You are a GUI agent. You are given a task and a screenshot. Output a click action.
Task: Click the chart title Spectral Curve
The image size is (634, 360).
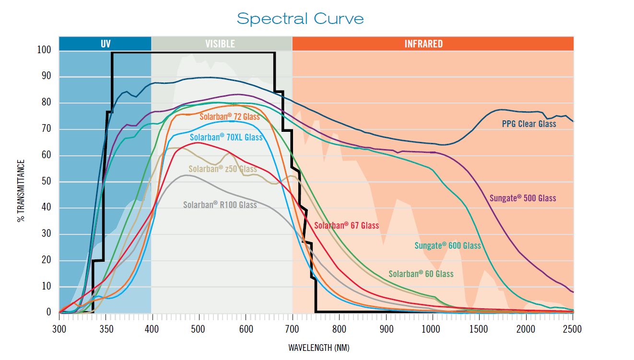point(300,19)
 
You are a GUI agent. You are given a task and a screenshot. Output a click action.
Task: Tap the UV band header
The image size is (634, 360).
point(106,44)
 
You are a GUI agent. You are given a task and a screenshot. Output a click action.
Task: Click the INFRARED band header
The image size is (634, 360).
point(423,44)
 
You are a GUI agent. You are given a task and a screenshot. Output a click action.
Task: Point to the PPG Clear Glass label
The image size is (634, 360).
point(529,124)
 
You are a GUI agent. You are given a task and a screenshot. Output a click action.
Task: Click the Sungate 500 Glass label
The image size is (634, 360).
point(523,198)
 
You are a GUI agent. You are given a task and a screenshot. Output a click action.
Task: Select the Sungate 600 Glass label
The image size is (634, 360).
point(447,245)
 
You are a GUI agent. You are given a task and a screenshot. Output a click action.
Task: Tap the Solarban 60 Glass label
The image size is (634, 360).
point(421,274)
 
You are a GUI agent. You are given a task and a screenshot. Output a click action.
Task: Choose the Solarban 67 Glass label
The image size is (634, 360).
point(346,225)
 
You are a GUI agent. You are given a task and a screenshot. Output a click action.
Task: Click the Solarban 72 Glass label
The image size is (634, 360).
point(229,116)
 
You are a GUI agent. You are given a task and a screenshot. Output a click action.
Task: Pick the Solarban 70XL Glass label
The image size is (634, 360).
point(226,137)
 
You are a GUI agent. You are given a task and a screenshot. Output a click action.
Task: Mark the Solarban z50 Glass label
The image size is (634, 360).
point(223,169)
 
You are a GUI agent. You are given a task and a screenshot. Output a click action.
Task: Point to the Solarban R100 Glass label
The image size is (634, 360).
point(220,205)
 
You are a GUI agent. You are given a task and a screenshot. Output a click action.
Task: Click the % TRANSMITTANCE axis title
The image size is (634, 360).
point(21,191)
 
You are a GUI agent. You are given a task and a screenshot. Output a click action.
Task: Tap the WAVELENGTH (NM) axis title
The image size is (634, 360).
point(316,348)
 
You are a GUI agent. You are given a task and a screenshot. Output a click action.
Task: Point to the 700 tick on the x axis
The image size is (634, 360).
point(292,330)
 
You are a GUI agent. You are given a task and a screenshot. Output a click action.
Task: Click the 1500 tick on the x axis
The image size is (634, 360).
point(479,330)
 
